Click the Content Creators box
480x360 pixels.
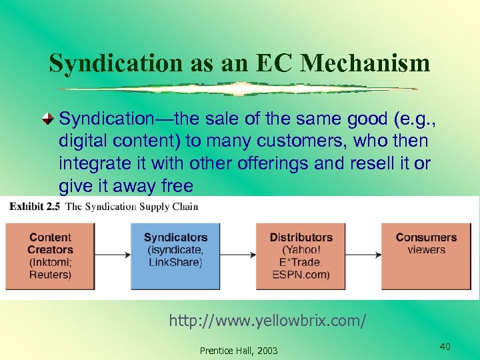click(x=50, y=256)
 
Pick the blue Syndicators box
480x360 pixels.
click(x=175, y=256)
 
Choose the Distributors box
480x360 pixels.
click(x=301, y=256)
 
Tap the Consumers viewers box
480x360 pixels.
click(x=426, y=256)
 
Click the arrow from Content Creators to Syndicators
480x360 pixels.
click(x=113, y=255)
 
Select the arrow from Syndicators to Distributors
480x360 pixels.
click(x=238, y=255)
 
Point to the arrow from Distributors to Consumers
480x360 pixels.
click(x=363, y=255)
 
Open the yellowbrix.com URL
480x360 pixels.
click(x=267, y=321)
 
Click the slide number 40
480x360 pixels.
click(x=445, y=346)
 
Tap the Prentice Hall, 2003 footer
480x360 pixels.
click(x=239, y=351)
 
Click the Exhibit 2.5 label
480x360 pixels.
click(x=34, y=206)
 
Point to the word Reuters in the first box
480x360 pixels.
click(x=50, y=275)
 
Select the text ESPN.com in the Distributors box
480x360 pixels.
click(x=301, y=275)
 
